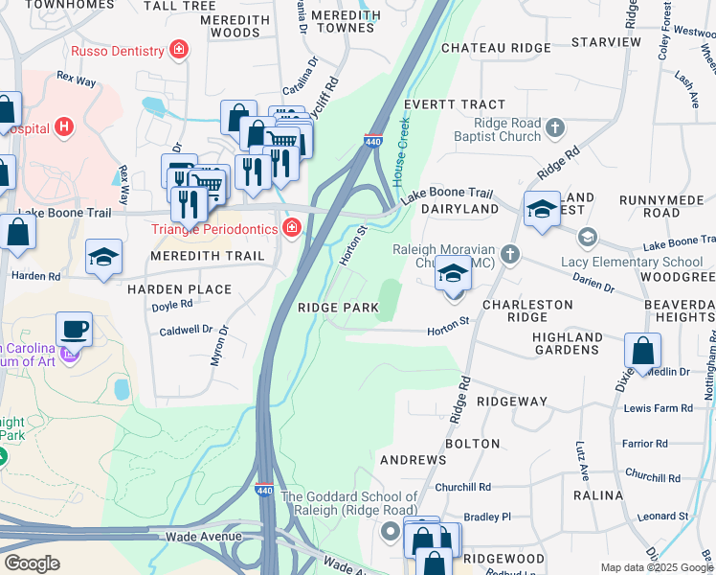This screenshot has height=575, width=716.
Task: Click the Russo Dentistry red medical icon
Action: [x=177, y=49]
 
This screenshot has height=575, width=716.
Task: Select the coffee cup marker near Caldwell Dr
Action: [x=75, y=330]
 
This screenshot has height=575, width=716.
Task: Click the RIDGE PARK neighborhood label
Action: [x=337, y=308]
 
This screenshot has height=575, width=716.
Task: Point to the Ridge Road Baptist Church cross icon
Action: [x=554, y=127]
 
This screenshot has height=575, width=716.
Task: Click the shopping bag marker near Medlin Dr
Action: [x=643, y=351]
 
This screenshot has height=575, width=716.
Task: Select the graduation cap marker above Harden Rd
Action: [x=104, y=257]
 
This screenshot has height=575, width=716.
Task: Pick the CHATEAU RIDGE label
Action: [x=496, y=48]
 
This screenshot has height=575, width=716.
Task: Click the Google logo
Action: [x=32, y=563]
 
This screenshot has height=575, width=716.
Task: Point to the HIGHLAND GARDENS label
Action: [x=568, y=343]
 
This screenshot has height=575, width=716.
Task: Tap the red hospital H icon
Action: [x=64, y=126]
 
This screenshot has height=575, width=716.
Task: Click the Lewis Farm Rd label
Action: [x=658, y=408]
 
